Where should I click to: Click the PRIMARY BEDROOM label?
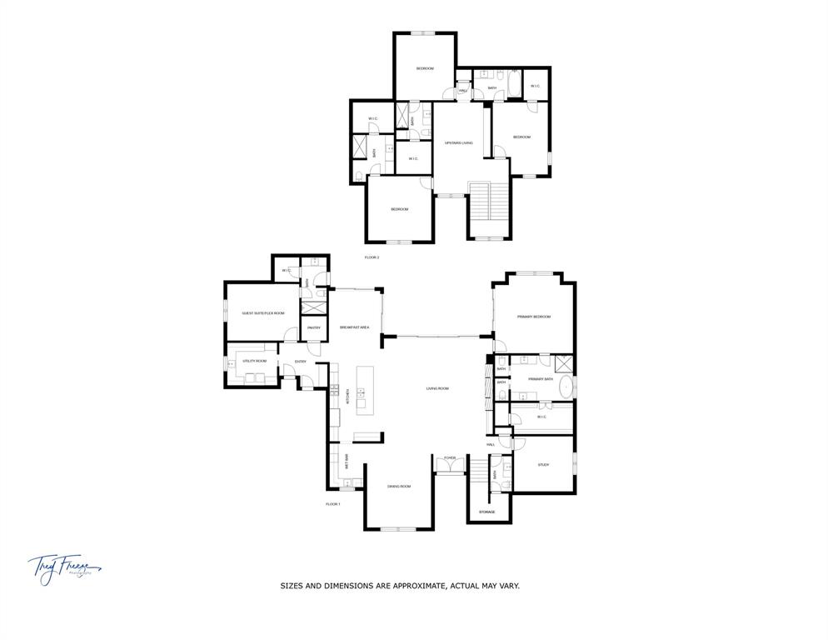click(533, 317)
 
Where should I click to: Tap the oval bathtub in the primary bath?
click(566, 386)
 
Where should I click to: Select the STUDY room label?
click(543, 465)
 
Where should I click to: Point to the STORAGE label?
click(487, 512)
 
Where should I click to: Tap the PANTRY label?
click(314, 327)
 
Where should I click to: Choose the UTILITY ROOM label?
click(255, 361)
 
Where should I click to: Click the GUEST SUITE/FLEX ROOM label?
click(263, 313)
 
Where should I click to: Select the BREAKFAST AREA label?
click(355, 327)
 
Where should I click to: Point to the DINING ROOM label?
click(399, 486)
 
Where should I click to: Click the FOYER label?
click(450, 457)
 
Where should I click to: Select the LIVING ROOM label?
click(437, 388)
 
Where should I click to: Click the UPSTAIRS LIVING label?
click(458, 143)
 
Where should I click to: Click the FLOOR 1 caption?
click(333, 504)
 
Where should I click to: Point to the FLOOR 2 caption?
click(372, 257)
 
